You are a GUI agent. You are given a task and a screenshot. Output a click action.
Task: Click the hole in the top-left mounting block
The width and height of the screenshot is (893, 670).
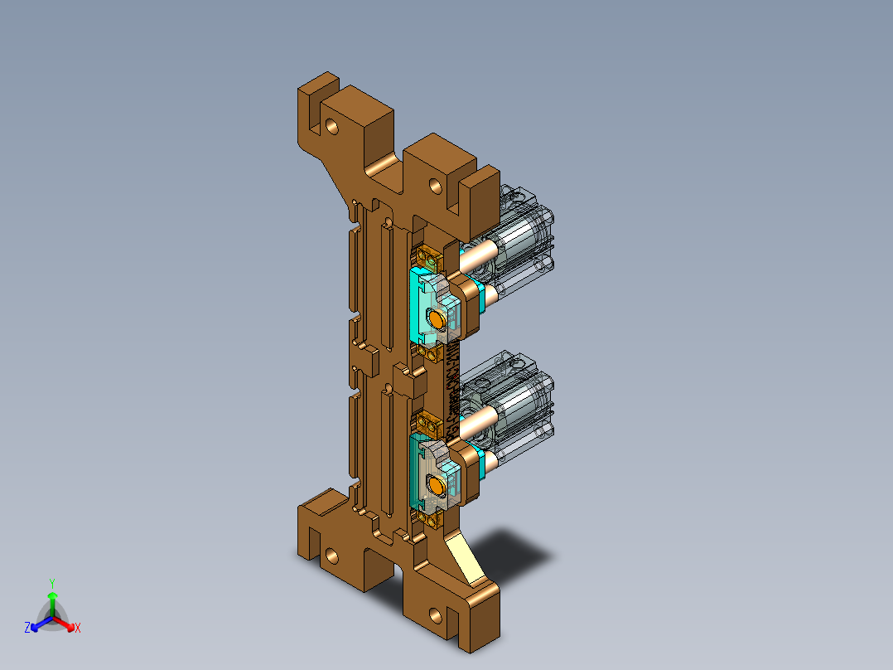click(332, 127)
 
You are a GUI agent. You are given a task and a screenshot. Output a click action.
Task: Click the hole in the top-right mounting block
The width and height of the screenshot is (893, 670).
click(434, 184)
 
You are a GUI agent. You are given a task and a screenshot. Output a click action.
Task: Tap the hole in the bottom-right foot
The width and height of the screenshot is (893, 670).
click(434, 616)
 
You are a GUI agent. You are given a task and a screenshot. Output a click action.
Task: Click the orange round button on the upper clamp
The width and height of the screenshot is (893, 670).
click(437, 318)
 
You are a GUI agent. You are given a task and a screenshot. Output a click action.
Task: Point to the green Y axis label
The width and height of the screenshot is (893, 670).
click(51, 583)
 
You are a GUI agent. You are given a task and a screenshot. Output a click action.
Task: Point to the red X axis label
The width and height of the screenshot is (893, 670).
click(78, 629)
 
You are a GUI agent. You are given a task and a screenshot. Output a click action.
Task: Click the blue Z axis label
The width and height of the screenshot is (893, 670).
click(27, 629)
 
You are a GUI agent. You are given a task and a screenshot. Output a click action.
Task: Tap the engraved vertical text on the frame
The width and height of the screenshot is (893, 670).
click(453, 385)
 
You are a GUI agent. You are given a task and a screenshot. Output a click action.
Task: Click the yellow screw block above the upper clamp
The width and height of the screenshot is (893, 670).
click(429, 255)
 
